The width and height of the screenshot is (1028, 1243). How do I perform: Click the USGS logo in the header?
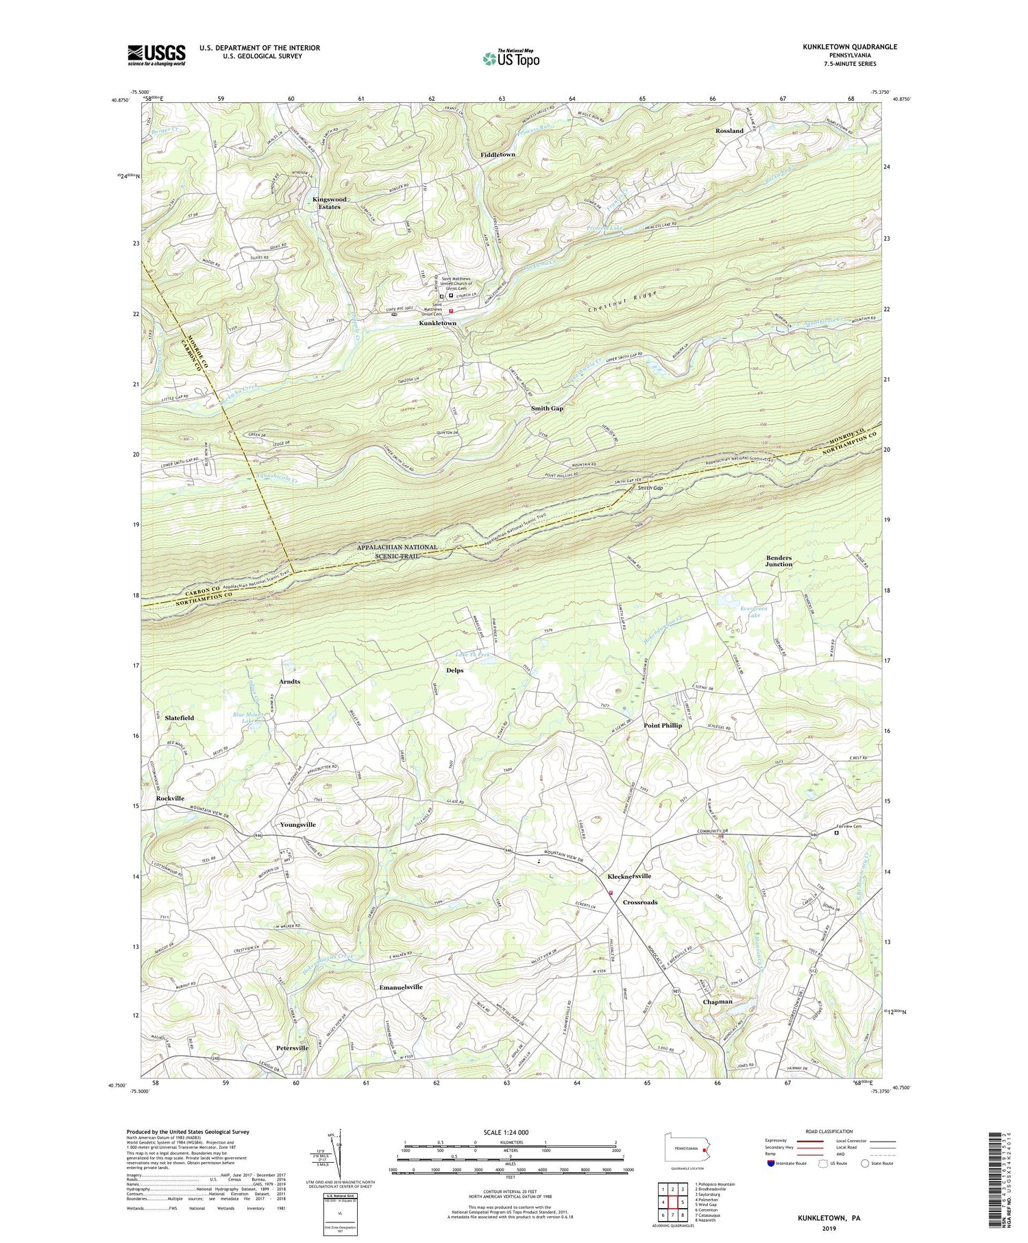point(156,55)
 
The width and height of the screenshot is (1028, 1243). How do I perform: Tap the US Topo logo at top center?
point(511,58)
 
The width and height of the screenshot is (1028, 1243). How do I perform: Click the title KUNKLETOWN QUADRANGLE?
point(850,47)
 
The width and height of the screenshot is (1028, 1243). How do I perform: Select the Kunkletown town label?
point(438,323)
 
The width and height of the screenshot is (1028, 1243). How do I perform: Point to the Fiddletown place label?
point(498,155)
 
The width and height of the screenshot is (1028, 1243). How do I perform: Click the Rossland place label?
point(729,130)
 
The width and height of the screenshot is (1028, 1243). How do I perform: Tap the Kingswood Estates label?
point(330,203)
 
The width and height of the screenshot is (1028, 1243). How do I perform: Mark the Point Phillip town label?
point(662,725)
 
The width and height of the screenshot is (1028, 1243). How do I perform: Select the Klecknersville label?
point(629,876)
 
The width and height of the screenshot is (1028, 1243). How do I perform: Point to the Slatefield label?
point(175,718)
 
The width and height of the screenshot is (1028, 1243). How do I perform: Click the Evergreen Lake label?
point(755,612)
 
